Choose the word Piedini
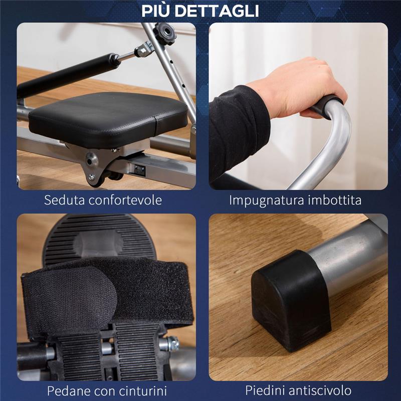coord(264,390)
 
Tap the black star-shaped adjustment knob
coord(165,34)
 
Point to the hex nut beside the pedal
coord(172,343)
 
